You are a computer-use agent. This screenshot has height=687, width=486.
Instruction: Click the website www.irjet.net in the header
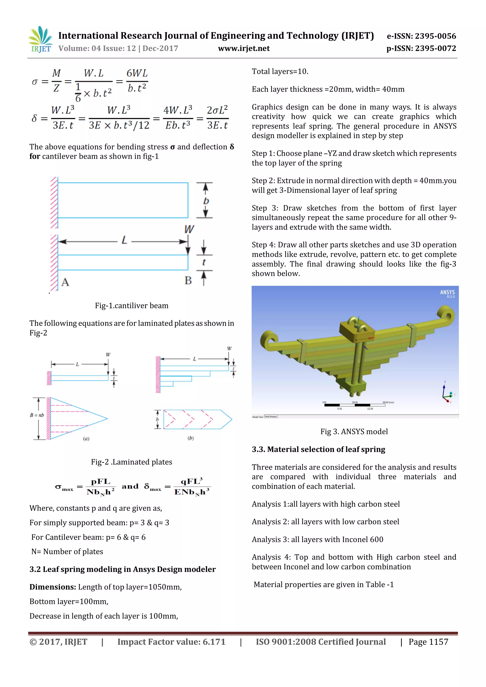click(x=244, y=48)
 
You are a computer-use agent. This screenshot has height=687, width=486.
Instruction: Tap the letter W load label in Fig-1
click(x=189, y=229)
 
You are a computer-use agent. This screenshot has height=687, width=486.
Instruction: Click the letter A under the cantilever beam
click(x=65, y=282)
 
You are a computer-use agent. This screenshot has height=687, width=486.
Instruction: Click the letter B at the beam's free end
click(x=188, y=281)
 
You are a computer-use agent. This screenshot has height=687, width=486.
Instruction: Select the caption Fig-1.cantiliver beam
click(x=132, y=306)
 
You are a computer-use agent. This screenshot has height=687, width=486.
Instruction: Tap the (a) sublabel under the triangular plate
click(x=86, y=439)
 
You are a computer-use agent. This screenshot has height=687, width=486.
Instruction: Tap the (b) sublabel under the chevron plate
click(x=191, y=438)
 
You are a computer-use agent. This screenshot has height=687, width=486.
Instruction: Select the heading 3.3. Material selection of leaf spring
click(x=318, y=450)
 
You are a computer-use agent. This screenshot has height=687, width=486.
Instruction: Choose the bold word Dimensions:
click(x=53, y=587)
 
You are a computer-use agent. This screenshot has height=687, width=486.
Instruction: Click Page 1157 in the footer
click(x=428, y=642)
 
